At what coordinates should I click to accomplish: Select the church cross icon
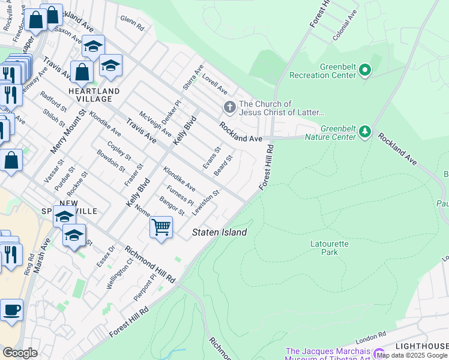[x=229, y=107]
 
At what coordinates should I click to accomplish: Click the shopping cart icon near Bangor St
[x=161, y=228]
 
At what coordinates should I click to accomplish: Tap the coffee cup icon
[x=11, y=311]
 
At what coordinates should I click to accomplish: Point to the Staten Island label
[x=219, y=232]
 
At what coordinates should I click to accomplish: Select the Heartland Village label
[x=94, y=95]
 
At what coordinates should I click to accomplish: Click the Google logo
[x=20, y=353]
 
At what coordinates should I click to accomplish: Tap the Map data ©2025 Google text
[x=412, y=355]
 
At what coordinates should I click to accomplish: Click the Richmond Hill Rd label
[x=149, y=265]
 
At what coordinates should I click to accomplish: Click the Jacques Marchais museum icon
[x=379, y=355]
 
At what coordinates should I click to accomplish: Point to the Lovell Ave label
[x=214, y=85]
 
